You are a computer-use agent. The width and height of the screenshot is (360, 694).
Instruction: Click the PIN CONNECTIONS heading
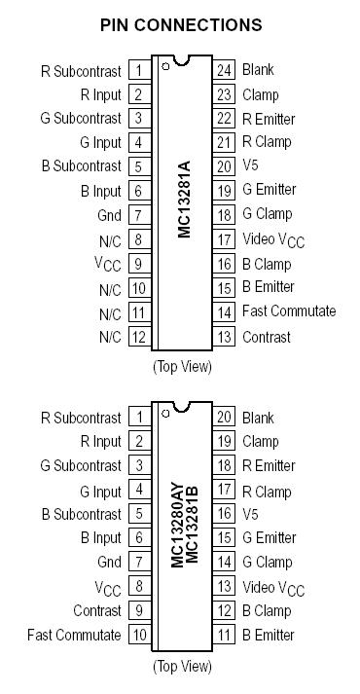tap(180, 24)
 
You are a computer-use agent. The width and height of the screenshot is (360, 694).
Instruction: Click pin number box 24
tap(225, 70)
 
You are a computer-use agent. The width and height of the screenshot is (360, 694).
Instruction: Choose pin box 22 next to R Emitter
tap(225, 119)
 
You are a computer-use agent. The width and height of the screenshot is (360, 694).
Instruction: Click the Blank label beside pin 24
tap(258, 70)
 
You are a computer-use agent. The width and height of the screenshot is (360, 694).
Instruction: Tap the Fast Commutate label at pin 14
tap(289, 311)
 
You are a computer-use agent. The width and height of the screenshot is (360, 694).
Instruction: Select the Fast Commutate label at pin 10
tap(75, 635)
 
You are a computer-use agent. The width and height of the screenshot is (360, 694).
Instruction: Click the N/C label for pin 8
tap(110, 239)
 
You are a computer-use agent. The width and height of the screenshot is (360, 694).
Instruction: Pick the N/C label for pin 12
tap(110, 337)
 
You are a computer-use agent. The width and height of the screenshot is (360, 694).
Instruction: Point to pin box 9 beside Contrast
tap(139, 610)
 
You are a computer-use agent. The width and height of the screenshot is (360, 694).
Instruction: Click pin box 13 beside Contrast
tap(225, 337)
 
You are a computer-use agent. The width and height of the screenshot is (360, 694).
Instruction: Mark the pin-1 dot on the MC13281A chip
tap(166, 67)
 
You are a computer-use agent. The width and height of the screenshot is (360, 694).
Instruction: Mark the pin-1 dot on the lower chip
tap(166, 414)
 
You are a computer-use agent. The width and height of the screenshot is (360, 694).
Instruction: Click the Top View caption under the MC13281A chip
tap(182, 367)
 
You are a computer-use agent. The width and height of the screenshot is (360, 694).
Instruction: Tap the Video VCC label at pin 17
tap(273, 240)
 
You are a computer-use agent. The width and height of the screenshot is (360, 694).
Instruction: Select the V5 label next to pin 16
tap(251, 514)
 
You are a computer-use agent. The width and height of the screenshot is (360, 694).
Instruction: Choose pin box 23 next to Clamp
tap(225, 94)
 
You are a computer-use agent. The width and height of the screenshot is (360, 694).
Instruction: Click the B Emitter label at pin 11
tap(269, 635)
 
